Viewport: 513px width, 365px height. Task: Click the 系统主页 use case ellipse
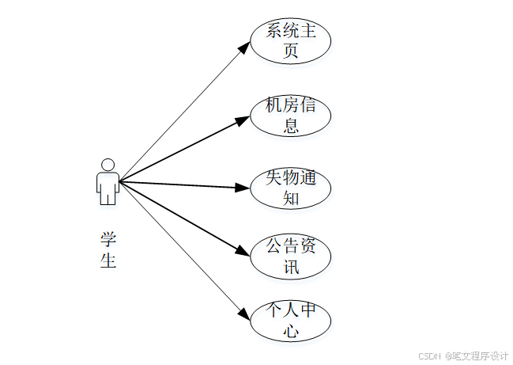click(290, 41)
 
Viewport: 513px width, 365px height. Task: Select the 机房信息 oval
click(290, 115)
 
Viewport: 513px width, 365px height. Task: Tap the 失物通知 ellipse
click(290, 188)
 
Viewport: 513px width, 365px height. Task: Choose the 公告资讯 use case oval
click(290, 256)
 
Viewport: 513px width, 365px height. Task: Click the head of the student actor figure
click(108, 165)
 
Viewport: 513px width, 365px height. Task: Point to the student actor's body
click(108, 188)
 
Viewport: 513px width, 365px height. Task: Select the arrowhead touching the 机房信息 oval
click(243, 121)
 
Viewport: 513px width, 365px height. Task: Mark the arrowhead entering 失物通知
click(243, 188)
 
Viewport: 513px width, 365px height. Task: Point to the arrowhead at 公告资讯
click(243, 251)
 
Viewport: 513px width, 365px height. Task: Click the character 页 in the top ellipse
click(291, 51)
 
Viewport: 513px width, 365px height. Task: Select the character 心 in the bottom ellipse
click(291, 332)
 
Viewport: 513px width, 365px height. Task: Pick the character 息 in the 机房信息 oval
click(291, 125)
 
